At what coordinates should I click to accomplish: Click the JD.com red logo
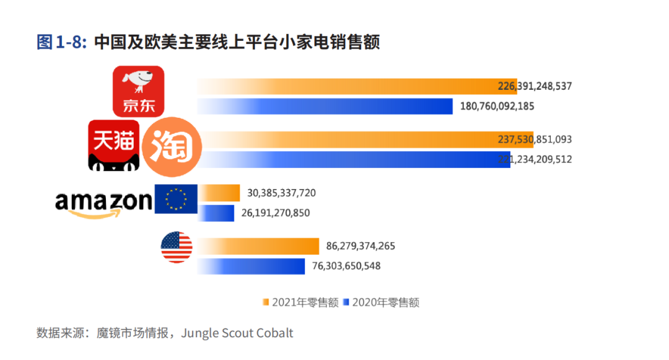(x=138, y=91)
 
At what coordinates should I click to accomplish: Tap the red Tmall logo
(x=113, y=144)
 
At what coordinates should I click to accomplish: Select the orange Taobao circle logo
(x=172, y=144)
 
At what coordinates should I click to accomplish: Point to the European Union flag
(x=176, y=199)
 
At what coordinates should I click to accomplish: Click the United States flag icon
(x=177, y=247)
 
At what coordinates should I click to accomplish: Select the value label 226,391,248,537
(x=535, y=87)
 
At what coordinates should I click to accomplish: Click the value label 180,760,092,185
(x=497, y=107)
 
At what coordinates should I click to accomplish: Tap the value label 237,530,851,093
(x=535, y=139)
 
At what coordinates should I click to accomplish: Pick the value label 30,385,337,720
(x=281, y=193)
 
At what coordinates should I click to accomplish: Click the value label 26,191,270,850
(x=275, y=213)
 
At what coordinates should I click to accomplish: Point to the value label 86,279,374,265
(x=361, y=246)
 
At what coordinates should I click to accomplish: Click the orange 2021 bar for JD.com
(x=347, y=87)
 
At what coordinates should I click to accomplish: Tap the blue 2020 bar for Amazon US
(x=251, y=266)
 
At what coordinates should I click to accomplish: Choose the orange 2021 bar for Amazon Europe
(x=219, y=193)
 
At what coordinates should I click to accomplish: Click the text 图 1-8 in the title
(x=61, y=43)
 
